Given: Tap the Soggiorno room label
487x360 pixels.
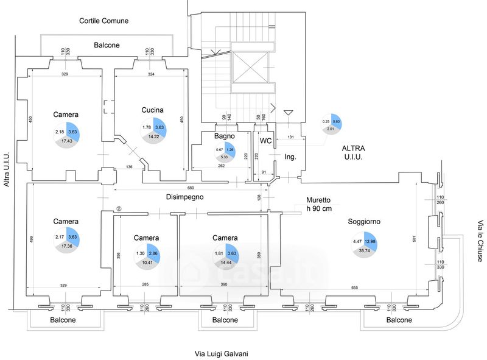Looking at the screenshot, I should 364,222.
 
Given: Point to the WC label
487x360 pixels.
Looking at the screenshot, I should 266,141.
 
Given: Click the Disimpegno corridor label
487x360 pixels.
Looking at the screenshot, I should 185,197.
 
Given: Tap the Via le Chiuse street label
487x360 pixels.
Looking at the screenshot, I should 480,241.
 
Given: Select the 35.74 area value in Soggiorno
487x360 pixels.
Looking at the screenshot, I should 364,251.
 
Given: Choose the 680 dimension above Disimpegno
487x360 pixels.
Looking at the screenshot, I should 191,188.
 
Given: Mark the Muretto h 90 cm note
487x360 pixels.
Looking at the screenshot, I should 318,204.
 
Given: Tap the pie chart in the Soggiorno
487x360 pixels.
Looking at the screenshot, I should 364,242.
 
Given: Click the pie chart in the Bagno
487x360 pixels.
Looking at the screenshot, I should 224,150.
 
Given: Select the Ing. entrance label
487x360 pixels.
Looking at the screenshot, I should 290,157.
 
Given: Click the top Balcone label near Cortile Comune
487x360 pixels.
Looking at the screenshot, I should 107,45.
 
